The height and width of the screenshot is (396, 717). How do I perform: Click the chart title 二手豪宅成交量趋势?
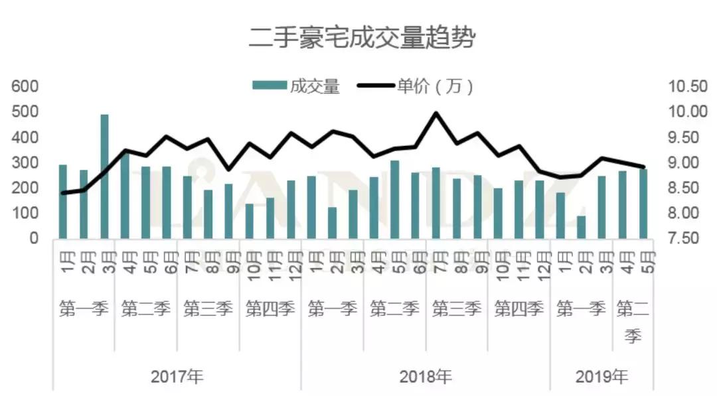pos(362,37)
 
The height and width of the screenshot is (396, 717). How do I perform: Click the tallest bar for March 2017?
pos(104,176)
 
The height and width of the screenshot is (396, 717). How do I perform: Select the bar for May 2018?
pos(394,199)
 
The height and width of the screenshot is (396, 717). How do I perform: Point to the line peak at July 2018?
pos(436,113)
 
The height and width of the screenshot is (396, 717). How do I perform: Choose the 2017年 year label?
pos(177,377)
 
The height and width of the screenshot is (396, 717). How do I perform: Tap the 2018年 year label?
pos(425,377)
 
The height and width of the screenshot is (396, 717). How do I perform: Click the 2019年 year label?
pos(601,377)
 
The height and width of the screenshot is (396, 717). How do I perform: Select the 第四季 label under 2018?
pos(518,308)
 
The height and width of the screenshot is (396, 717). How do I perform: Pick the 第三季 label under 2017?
pos(208,308)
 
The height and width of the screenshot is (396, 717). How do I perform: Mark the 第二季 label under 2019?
pos(633,322)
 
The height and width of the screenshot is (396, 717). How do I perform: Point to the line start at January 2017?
pos(63,193)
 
